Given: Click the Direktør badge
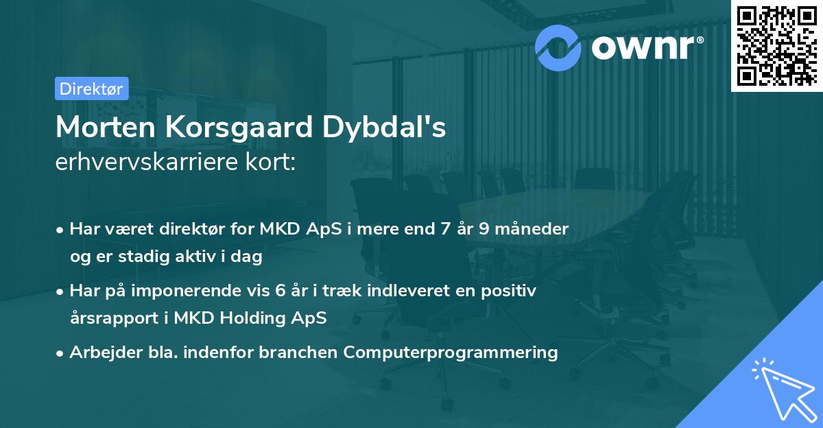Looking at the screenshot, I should tap(91, 88).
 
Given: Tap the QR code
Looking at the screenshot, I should tap(776, 45).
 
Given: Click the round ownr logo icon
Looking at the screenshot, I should tap(559, 47).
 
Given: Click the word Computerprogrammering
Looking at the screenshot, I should tap(451, 353).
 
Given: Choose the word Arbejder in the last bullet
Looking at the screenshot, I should tap(99, 353).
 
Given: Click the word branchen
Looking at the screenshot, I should tap(298, 353).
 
